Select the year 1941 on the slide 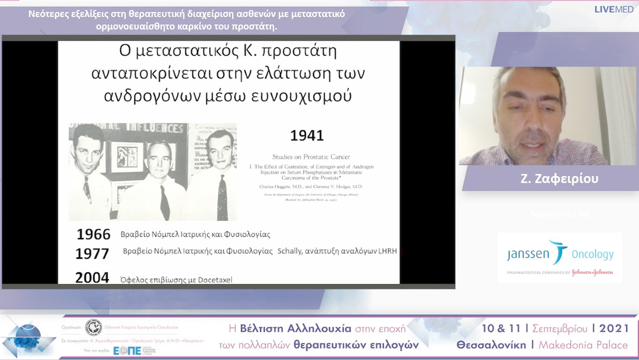click(x=306, y=136)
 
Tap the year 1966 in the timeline click(x=93, y=234)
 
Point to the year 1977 click(x=92, y=254)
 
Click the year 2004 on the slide click(x=92, y=277)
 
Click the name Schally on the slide click(x=293, y=252)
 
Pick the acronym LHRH click(x=386, y=252)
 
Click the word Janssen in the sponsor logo click(x=528, y=254)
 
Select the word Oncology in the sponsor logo click(x=592, y=254)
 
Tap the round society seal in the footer click(x=93, y=327)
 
